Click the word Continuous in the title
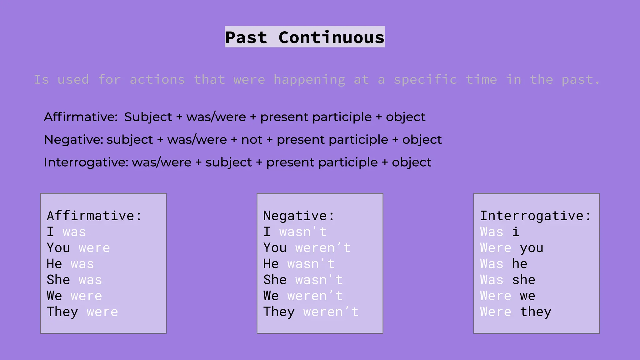(x=331, y=37)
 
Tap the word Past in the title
(x=246, y=37)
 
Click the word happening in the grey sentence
(x=309, y=80)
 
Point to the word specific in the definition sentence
(x=425, y=80)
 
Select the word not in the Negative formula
(x=252, y=140)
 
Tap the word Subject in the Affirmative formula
(x=148, y=117)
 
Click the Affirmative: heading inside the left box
(x=94, y=216)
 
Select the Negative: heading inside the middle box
(x=299, y=216)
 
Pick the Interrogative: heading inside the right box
(x=536, y=216)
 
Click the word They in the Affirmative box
(x=62, y=312)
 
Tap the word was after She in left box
(x=90, y=280)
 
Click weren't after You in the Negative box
(x=323, y=248)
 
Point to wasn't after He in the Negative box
(x=311, y=264)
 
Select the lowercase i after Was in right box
(x=516, y=232)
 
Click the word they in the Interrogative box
(x=536, y=312)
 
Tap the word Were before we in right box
(x=496, y=296)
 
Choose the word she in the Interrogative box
(x=524, y=280)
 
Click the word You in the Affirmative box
(x=58, y=248)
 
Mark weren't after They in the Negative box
(x=331, y=312)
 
